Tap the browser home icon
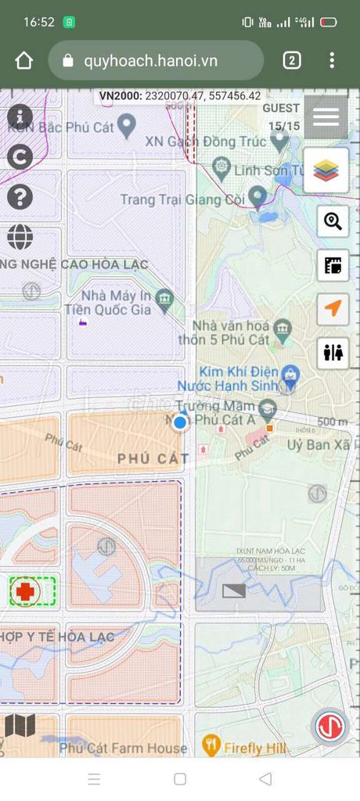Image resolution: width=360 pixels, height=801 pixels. coord(24,61)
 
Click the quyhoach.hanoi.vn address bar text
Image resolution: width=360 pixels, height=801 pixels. coord(150,61)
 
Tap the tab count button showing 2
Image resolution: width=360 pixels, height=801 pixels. coord(292,60)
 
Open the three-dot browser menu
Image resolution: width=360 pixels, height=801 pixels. coord(332,60)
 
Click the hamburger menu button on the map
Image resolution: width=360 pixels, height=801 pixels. coord(326,117)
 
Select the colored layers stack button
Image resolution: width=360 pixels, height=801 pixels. coord(326,171)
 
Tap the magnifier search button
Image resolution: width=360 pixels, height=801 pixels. coord(333,221)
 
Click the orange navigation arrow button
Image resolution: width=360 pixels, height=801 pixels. coord(333,309)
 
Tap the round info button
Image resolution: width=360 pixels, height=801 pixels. coord(20,117)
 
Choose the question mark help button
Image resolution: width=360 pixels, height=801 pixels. coord(20,196)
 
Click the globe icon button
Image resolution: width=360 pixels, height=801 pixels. coord(20,236)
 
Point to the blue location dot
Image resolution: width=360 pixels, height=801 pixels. coord(180,422)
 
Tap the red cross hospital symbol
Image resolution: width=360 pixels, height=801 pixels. coord(26,592)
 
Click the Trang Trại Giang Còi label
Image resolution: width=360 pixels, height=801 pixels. coord(182,199)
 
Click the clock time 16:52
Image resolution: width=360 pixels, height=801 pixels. coord(38,22)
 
